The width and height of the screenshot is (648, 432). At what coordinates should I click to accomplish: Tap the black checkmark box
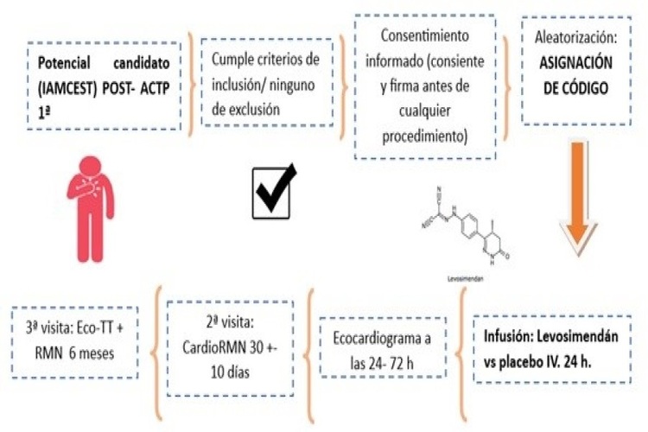pyautogui.click(x=273, y=191)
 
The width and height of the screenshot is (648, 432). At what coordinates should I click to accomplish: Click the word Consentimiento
pyautogui.click(x=425, y=38)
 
